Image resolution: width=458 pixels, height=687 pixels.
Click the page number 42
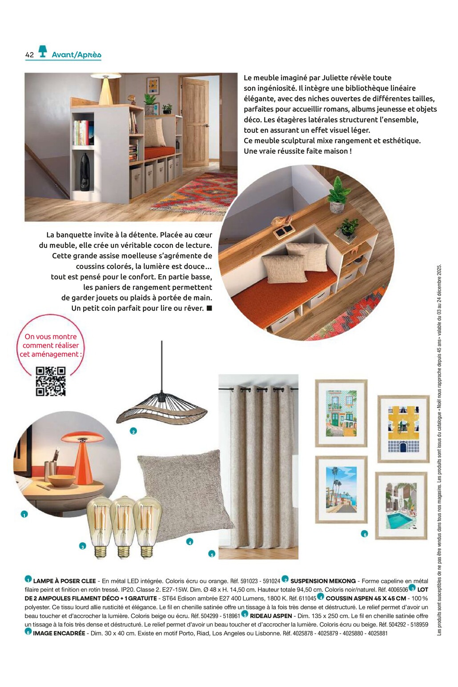click(x=29, y=55)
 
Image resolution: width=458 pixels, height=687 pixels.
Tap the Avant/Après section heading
click(x=76, y=55)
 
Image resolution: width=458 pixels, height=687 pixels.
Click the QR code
click(x=51, y=381)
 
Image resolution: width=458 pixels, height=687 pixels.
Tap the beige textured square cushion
click(x=185, y=493)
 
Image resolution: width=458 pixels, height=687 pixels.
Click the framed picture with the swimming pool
click(x=401, y=506)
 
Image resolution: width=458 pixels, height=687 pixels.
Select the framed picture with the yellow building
click(x=403, y=429)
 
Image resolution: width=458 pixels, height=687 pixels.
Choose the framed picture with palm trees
click(x=341, y=489)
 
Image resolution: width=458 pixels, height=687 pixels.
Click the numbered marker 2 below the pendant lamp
click(x=133, y=431)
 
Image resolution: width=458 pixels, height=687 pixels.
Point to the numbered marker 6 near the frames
click(x=365, y=534)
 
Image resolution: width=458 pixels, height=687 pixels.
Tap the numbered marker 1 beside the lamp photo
click(x=24, y=514)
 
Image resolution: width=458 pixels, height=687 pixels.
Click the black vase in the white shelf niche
click(x=84, y=172)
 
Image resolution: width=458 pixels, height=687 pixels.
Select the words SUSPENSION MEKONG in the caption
click(x=323, y=581)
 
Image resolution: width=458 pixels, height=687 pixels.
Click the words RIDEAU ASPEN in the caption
click(x=271, y=616)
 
